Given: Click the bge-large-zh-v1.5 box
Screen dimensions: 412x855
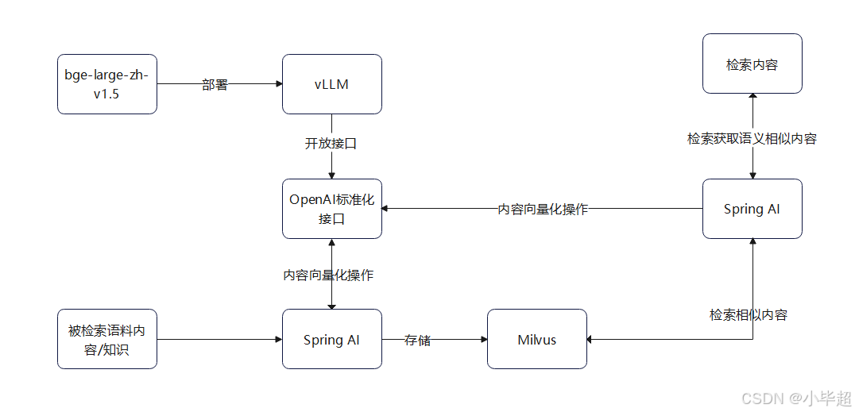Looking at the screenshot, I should tap(107, 84).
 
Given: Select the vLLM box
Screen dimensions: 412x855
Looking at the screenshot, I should tap(331, 84).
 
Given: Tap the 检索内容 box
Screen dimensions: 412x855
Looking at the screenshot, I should tap(752, 64).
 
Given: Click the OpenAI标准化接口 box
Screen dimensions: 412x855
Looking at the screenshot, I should tap(331, 209).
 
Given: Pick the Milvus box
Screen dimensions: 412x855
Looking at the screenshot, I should tap(536, 339).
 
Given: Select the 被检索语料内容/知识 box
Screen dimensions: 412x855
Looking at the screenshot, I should tap(107, 339).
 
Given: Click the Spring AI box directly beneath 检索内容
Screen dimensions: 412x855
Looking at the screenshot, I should tap(752, 209).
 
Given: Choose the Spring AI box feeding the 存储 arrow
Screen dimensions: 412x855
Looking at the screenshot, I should tap(331, 339).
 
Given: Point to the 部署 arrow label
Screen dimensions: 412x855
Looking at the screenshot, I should tap(215, 84).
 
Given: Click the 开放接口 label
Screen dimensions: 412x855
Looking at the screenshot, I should tap(331, 144).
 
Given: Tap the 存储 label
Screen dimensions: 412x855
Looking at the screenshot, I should tap(417, 340).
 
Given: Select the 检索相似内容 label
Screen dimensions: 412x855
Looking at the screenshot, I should tap(748, 314).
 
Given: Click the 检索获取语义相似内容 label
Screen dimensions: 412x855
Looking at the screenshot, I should tap(752, 138).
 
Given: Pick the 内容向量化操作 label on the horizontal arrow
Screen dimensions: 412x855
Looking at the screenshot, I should tap(543, 210).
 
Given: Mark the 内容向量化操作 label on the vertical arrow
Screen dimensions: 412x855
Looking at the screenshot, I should tap(328, 275).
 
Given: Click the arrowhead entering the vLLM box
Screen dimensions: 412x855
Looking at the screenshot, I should tap(278, 84).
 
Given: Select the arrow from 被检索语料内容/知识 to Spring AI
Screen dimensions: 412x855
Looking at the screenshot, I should tap(219, 340).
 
